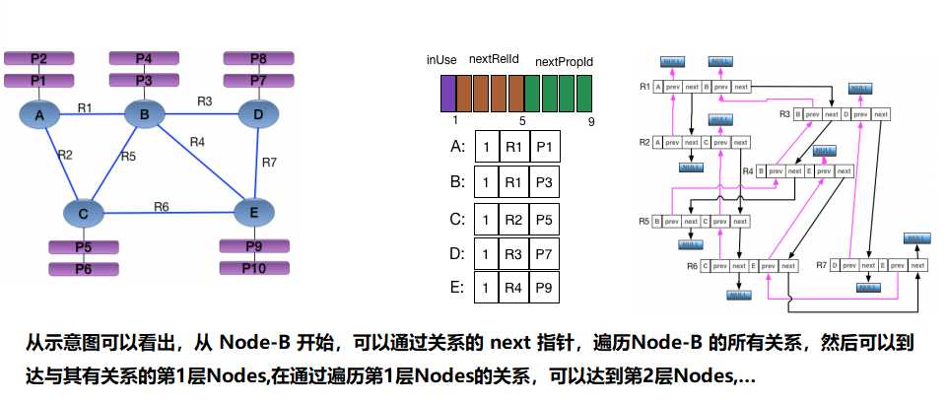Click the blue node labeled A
(x=39, y=117)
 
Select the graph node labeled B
(x=144, y=116)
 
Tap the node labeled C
(x=84, y=213)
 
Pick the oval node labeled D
(x=258, y=116)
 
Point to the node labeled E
(x=253, y=211)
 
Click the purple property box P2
(x=38, y=59)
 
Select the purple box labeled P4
(x=144, y=59)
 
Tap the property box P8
(x=258, y=59)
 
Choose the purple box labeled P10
(x=253, y=268)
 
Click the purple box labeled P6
(x=84, y=268)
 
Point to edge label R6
(x=161, y=206)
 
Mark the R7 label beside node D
(x=270, y=161)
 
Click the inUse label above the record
(x=440, y=61)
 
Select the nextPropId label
(x=564, y=62)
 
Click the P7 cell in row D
(x=545, y=253)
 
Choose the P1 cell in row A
(x=545, y=148)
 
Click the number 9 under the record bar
(x=590, y=121)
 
